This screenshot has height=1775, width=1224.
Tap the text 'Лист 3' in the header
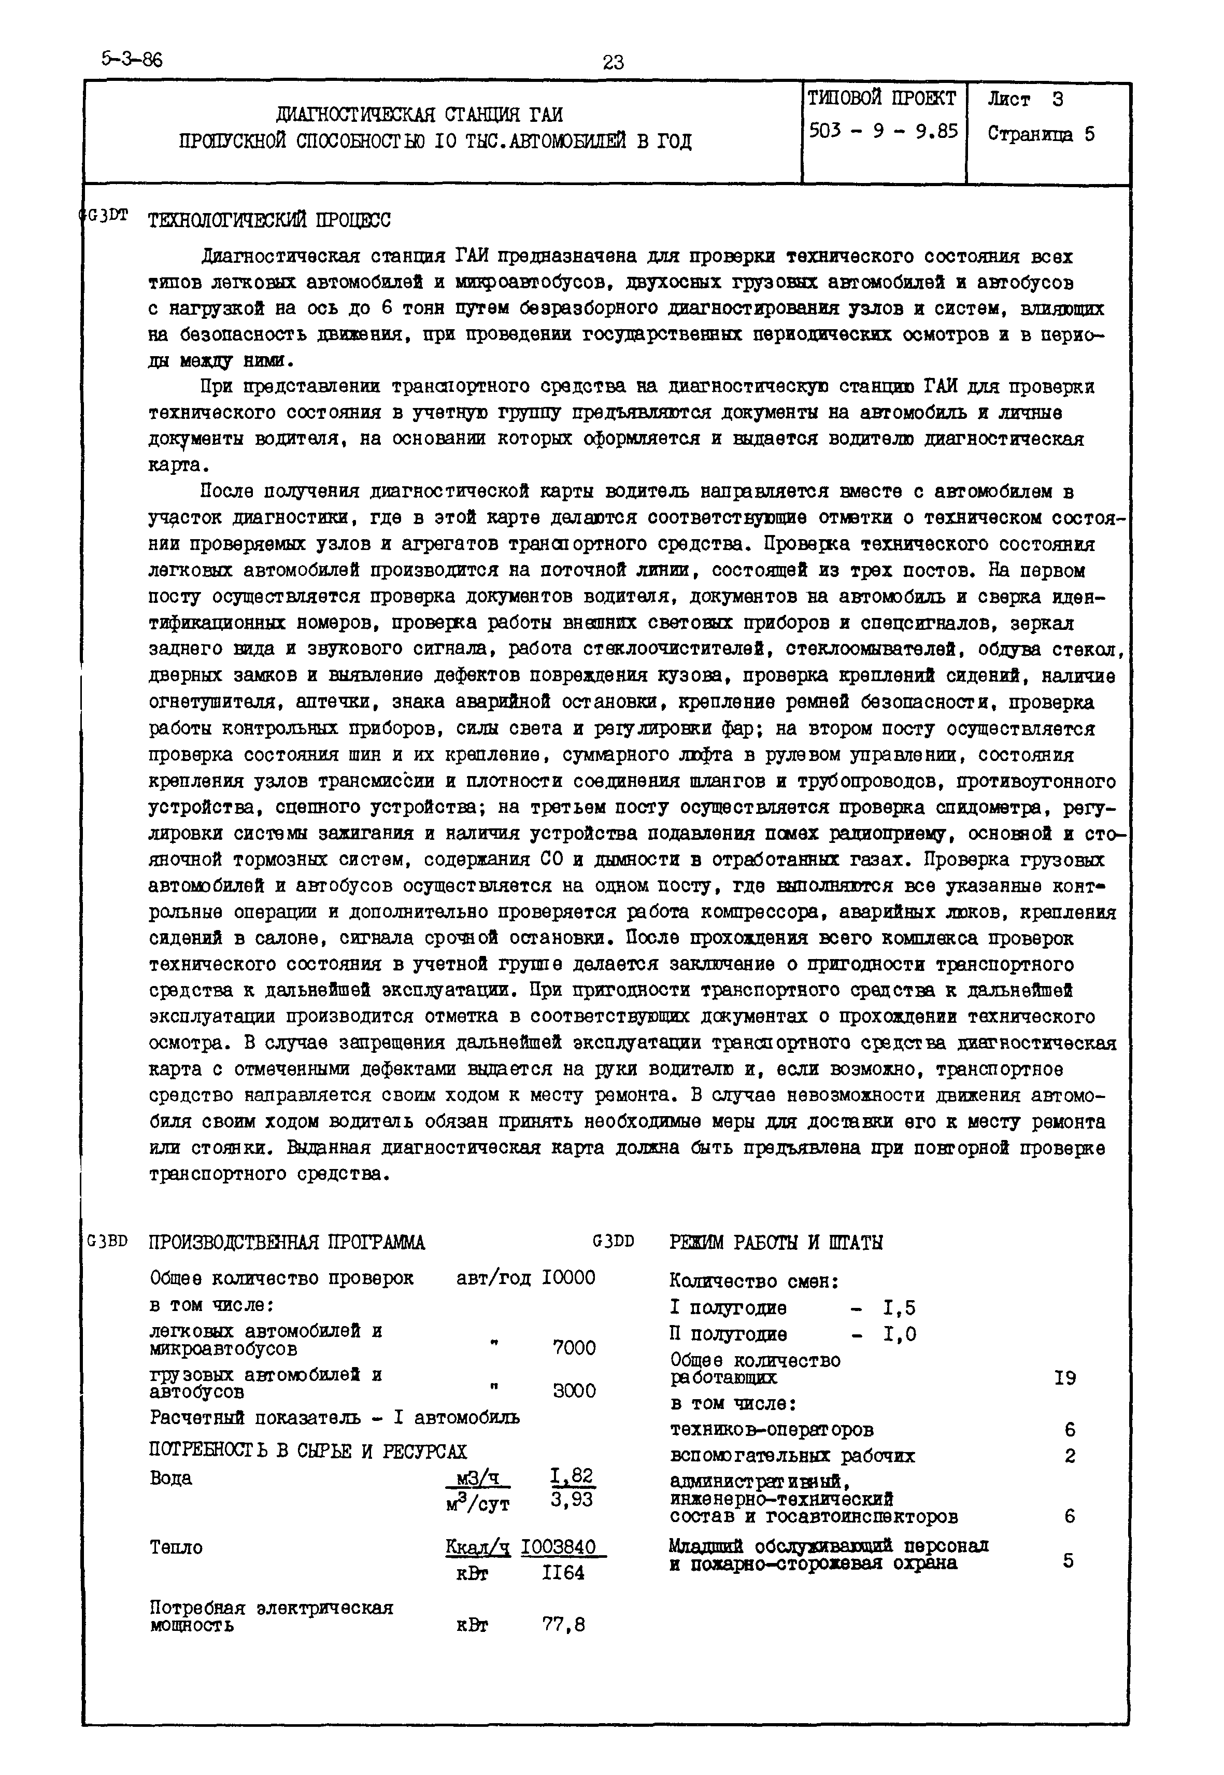coord(1026,100)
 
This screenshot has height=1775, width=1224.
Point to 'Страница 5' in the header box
coord(1041,135)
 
